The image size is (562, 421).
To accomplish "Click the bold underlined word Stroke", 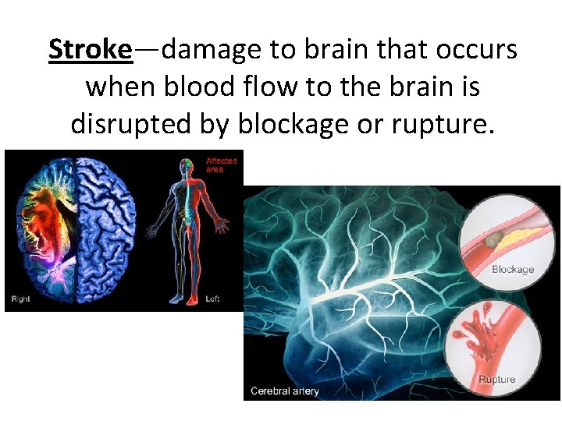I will [x=90, y=50].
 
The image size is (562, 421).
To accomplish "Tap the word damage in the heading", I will [x=213, y=50].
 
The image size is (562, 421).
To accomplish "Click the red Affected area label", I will [x=221, y=165].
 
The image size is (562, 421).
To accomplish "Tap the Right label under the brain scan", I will [x=20, y=299].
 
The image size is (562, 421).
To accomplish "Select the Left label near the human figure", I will [x=212, y=299].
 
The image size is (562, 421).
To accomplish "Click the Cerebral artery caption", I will [x=285, y=391].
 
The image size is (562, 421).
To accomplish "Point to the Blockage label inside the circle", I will [x=513, y=270].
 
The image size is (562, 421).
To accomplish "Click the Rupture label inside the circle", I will [x=497, y=380].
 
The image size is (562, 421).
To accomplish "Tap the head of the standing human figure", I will [x=185, y=166].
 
